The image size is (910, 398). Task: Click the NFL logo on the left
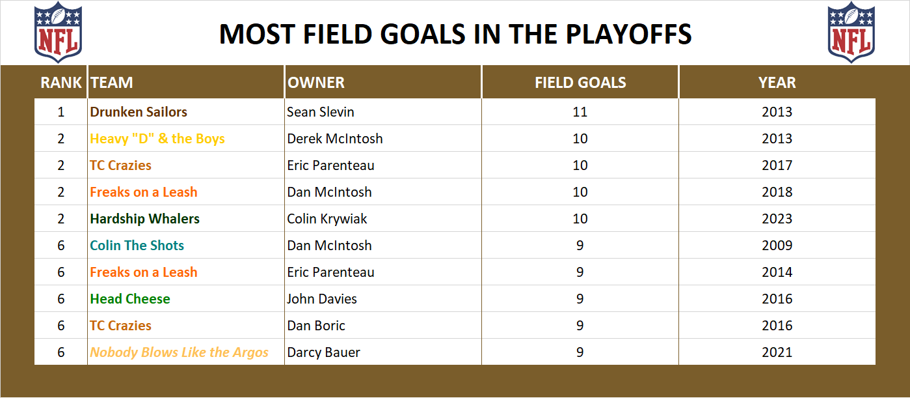click(x=58, y=32)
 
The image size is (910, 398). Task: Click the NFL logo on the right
click(x=852, y=32)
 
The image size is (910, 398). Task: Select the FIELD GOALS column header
click(x=580, y=83)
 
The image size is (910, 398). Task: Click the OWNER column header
click(x=316, y=83)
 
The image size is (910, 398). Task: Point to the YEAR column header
click(x=777, y=83)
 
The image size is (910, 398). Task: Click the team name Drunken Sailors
click(x=139, y=112)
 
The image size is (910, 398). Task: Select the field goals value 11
click(x=580, y=112)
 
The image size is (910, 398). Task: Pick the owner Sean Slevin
click(x=321, y=112)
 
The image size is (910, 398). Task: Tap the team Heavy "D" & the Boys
click(x=157, y=139)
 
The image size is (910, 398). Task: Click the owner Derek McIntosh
click(x=335, y=139)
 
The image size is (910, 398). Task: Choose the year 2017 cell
click(x=777, y=165)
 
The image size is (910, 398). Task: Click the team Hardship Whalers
click(x=145, y=219)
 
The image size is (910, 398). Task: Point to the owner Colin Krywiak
click(x=327, y=219)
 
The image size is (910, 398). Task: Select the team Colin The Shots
click(x=137, y=246)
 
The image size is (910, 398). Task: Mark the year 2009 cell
click(x=777, y=246)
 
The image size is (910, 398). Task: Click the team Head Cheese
click(x=130, y=299)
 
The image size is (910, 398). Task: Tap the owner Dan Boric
click(x=316, y=326)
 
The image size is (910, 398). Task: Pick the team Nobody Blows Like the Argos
click(x=180, y=352)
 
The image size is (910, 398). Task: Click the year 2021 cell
click(x=777, y=352)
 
